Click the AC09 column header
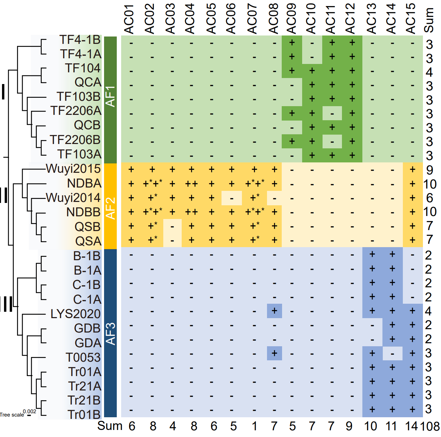pos(291,19)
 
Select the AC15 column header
pos(411,19)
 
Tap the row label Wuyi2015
pos(73,168)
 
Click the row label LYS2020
pos(76,314)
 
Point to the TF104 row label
pos(83,68)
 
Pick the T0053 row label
pos(83,357)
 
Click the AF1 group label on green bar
pos(110,96)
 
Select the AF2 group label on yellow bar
pos(110,208)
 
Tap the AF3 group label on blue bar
pos(110,334)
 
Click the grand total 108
pos(430,426)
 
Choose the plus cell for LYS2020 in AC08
pos(274,311)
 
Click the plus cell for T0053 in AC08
pos(274,353)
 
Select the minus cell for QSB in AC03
pos(172,226)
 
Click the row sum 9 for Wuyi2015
pos(430,170)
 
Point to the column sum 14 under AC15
pos(412,426)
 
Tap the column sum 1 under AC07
pos(255,426)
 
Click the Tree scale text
pos(12,415)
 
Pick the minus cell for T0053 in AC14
pos(392,353)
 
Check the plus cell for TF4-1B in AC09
pos(292,43)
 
